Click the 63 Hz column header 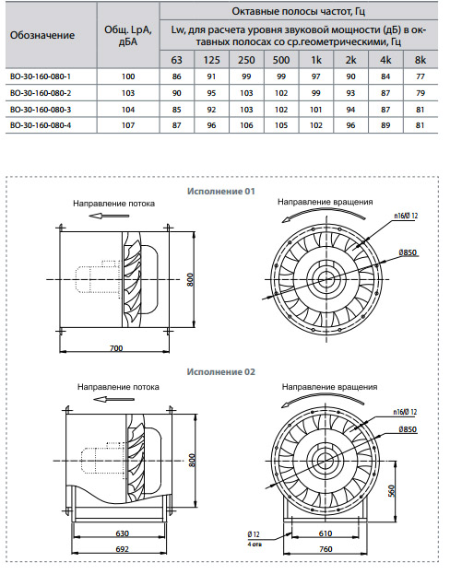point(177,60)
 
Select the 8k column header point(420,60)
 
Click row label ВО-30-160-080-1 point(41,76)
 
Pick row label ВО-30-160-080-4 point(41,125)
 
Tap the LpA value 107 point(128,125)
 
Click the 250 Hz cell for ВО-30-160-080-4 point(246,125)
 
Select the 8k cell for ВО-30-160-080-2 point(420,93)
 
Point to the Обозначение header point(42,35)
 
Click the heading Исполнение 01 point(220,191)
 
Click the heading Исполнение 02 point(220,372)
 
